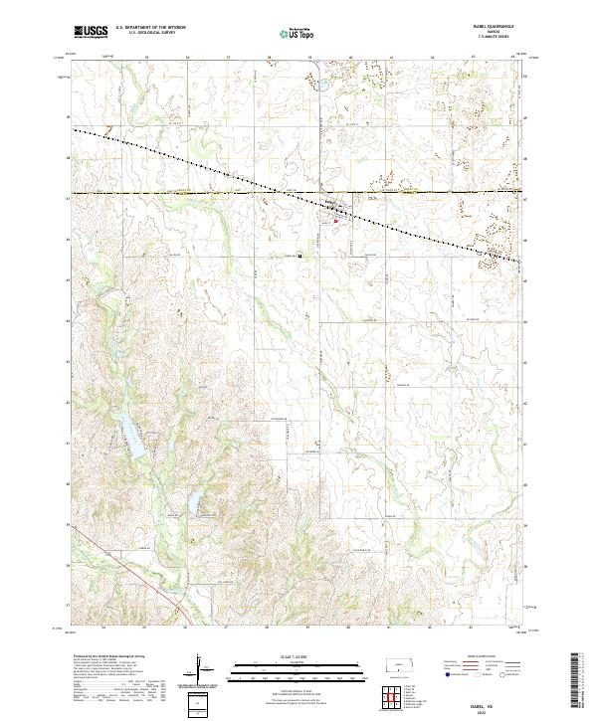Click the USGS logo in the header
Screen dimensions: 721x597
click(x=92, y=32)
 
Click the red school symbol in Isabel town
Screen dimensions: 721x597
click(x=349, y=221)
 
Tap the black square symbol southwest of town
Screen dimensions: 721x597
click(x=300, y=255)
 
